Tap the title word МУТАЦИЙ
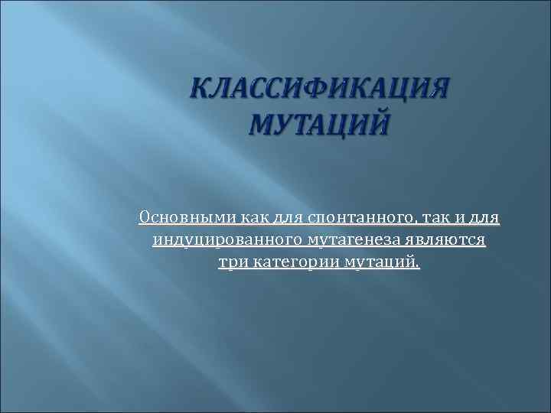click(316, 122)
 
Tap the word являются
click(445, 241)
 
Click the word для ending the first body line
click(484, 219)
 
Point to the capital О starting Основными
click(145, 219)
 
